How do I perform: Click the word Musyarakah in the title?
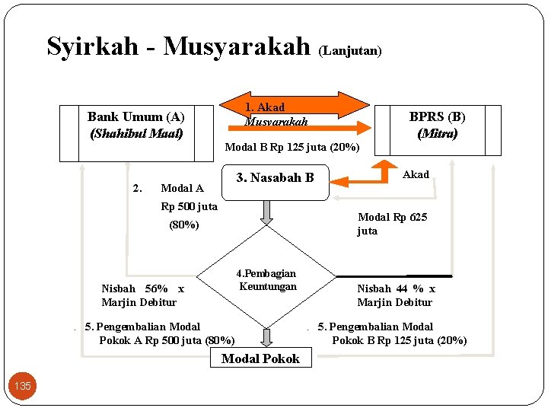237,46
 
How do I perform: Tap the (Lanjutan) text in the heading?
350,51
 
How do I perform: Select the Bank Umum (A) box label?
136,116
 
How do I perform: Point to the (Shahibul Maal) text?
136,133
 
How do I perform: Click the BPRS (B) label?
437,116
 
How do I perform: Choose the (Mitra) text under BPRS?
437,133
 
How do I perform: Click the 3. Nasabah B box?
275,178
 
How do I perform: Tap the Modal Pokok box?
260,358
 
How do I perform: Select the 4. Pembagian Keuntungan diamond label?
266,279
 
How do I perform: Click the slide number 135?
23,386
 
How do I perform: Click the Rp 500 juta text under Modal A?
189,206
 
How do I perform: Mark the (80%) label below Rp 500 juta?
183,225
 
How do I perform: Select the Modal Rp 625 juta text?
392,224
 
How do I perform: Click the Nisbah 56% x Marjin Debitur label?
142,295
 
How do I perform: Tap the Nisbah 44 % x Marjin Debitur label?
396,295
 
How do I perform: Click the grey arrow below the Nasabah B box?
266,214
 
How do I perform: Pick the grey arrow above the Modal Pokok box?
266,337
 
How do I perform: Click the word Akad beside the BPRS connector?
416,174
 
